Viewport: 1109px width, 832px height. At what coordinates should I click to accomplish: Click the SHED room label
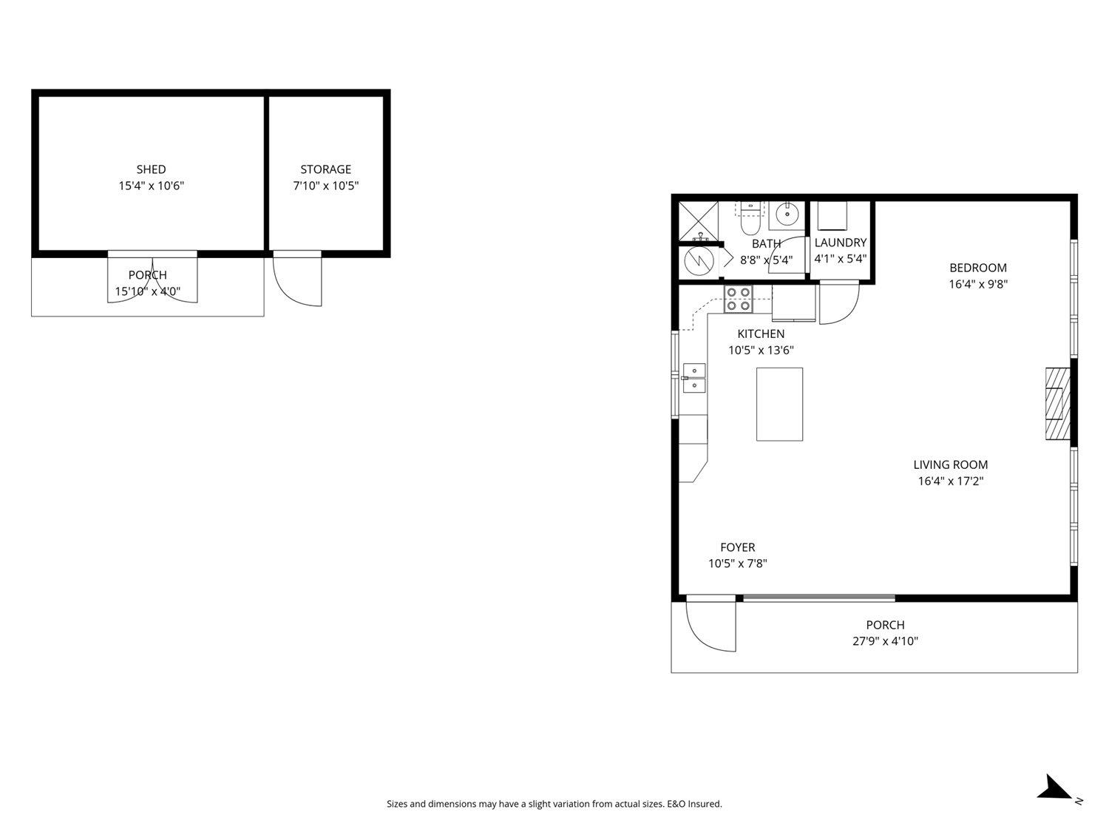point(151,169)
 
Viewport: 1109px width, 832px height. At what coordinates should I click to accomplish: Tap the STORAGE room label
point(325,169)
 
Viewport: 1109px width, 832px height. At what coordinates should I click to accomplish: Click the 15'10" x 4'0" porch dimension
point(148,291)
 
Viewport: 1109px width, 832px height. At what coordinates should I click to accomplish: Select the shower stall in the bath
point(699,220)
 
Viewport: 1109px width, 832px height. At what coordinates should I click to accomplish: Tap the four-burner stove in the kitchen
point(739,298)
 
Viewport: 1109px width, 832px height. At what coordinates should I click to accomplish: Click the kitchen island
point(779,404)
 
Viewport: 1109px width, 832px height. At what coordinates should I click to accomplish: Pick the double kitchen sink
point(693,377)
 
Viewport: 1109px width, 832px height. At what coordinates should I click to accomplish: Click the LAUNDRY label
point(841,243)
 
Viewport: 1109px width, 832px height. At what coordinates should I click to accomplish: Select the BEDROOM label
point(978,268)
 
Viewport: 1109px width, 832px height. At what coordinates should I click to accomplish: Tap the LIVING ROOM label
point(950,465)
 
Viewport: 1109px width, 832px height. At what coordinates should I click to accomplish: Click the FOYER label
point(738,547)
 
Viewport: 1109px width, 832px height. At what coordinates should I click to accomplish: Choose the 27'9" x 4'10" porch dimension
point(885,641)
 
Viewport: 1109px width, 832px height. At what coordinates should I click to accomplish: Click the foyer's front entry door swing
point(710,625)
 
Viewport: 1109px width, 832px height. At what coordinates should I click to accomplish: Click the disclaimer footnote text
point(554,804)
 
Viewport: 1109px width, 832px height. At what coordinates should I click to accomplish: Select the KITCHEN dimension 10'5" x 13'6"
point(761,351)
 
